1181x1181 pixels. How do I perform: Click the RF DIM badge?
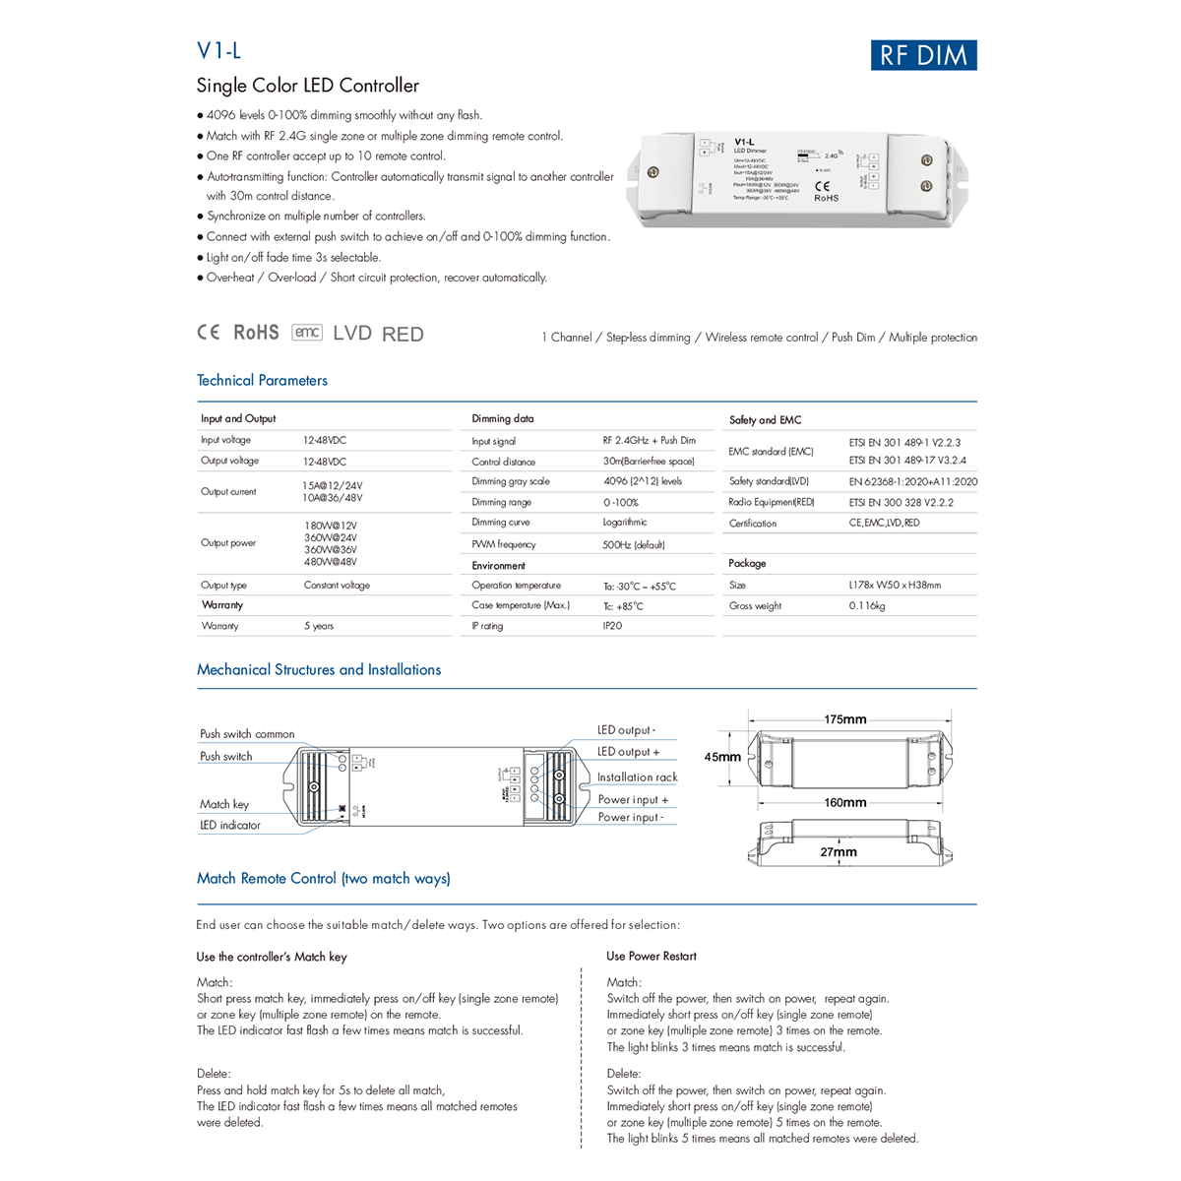click(923, 55)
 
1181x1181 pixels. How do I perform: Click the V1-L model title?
click(218, 51)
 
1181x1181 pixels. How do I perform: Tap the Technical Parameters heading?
click(262, 381)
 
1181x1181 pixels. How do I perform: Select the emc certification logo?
click(307, 333)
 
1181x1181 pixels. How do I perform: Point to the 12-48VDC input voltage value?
click(325, 441)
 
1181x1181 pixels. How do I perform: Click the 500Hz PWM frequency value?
click(633, 544)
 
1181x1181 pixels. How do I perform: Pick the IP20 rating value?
click(612, 626)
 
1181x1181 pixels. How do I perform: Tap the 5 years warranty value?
click(319, 626)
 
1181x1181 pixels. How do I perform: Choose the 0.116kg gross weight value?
click(867, 606)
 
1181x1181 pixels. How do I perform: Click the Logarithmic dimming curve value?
click(625, 523)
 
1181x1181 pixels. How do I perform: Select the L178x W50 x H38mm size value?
click(895, 586)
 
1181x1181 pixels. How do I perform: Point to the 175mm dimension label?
click(845, 719)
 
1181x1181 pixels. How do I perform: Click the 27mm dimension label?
click(839, 852)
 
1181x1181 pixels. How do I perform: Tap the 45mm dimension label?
click(722, 757)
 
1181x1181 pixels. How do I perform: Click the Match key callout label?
click(224, 805)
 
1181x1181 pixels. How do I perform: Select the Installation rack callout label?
click(637, 777)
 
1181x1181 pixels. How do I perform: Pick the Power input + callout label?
click(633, 800)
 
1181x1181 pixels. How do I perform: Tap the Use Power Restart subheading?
click(651, 957)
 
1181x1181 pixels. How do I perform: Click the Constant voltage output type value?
click(337, 586)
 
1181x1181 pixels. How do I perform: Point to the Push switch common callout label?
click(247, 734)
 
